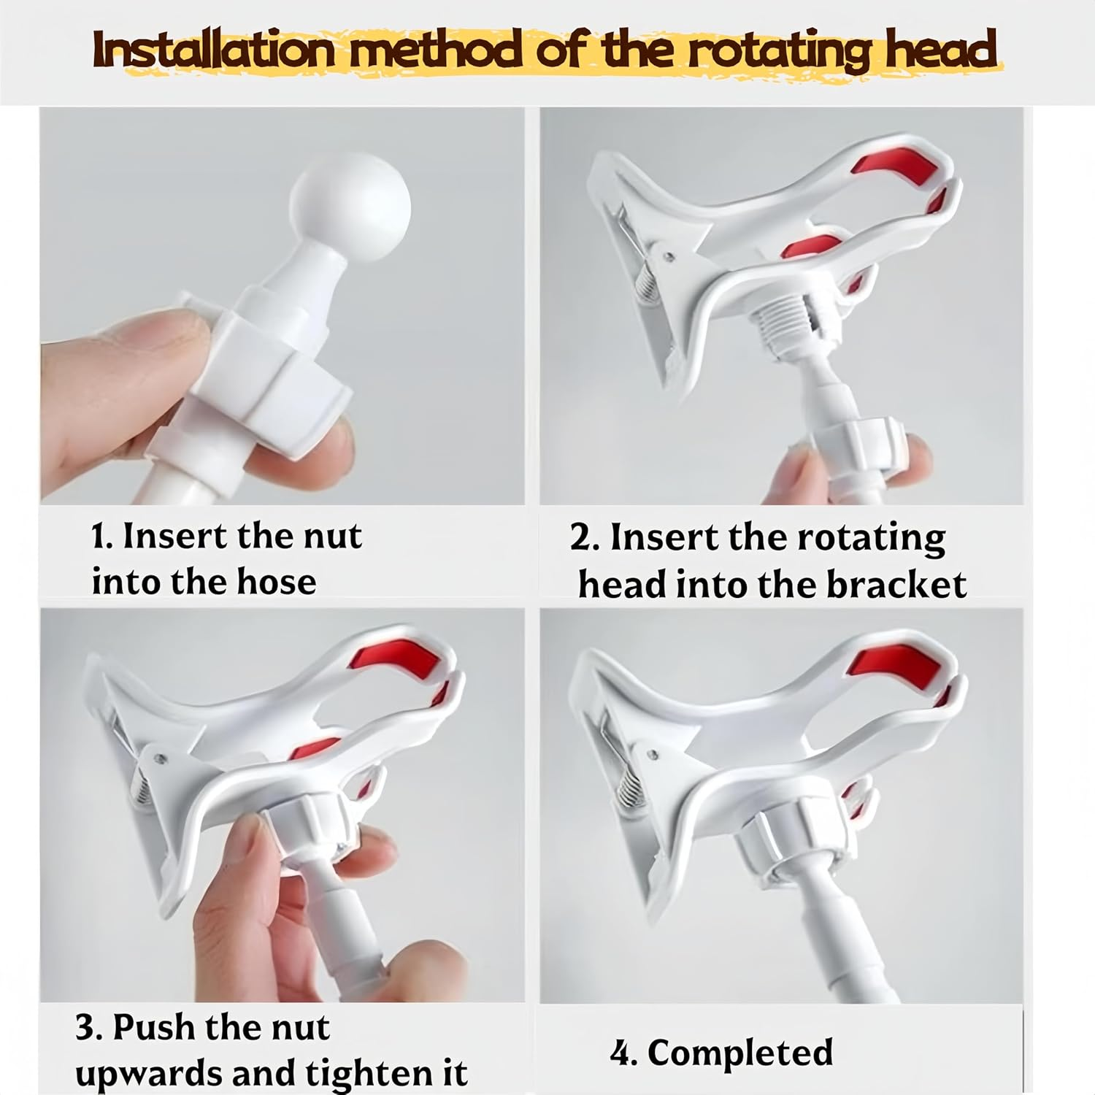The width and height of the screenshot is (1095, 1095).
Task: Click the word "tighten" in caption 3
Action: pyautogui.click(x=365, y=1073)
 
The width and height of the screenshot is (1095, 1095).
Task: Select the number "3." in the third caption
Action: pyautogui.click(x=89, y=1028)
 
